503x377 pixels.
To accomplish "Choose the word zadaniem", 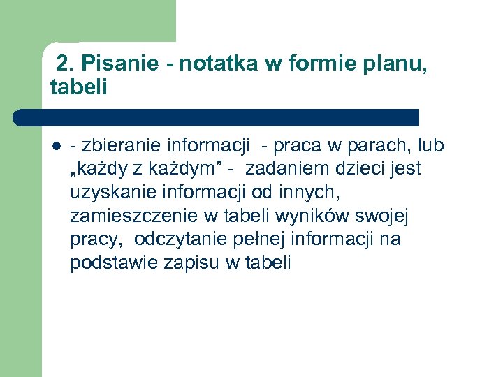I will tap(286, 169).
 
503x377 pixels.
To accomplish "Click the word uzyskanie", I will tap(108, 193).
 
